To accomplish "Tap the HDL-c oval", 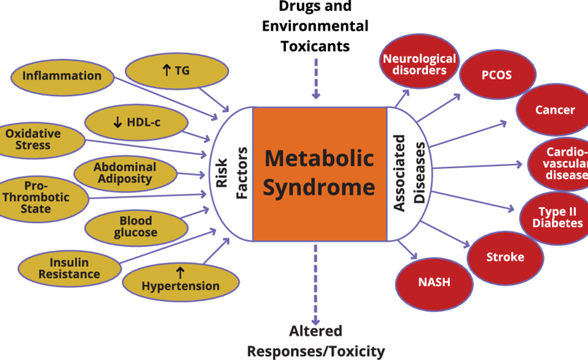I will (x=132, y=122).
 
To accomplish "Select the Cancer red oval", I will (x=555, y=110).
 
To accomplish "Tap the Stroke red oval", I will (x=505, y=257).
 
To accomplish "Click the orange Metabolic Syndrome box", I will (x=319, y=174).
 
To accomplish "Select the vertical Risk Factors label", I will (x=232, y=174).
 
